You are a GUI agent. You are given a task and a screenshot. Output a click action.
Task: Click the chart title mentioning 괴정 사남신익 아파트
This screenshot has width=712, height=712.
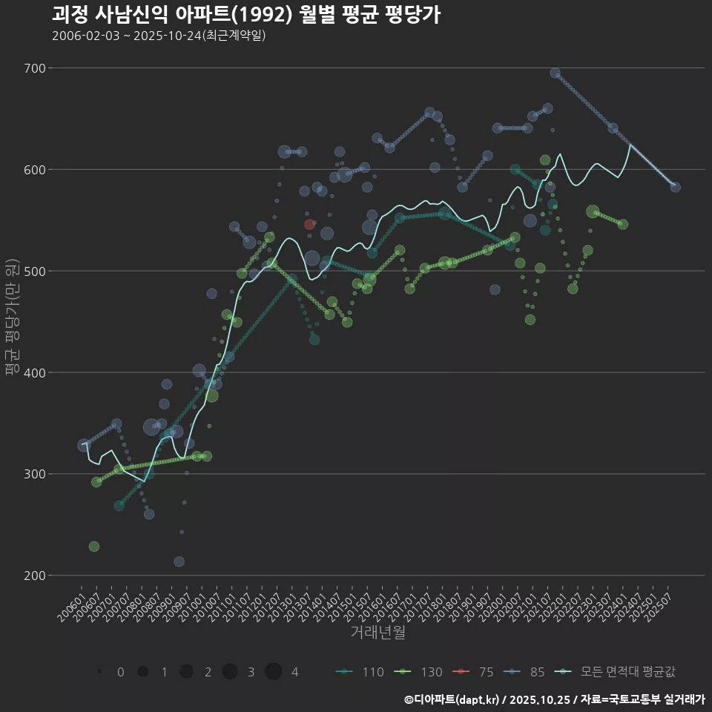(246, 14)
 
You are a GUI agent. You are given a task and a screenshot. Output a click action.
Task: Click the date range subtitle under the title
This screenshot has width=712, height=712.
(159, 36)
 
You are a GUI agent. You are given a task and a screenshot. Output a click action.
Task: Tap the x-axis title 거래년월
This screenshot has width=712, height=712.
(378, 633)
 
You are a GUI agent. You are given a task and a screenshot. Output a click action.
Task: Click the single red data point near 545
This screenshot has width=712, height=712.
(310, 225)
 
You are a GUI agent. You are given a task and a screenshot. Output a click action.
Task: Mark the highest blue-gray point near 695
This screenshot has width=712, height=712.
(556, 73)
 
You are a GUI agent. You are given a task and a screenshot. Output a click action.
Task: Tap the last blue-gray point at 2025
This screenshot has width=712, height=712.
(675, 187)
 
